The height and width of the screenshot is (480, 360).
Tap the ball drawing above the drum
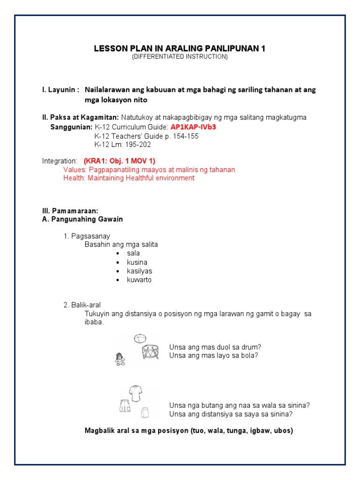pos(140,338)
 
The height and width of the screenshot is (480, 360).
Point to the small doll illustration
pos(120,359)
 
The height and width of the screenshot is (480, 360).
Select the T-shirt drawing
pos(135,393)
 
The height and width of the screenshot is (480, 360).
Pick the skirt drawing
pos(145,412)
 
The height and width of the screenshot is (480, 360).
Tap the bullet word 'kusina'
pos(137,262)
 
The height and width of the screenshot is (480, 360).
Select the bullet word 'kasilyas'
pos(139,271)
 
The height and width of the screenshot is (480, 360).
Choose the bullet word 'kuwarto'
pos(139,280)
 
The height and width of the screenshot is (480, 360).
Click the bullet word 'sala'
pos(133,253)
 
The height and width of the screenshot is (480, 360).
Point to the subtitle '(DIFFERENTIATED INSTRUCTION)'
pos(180,57)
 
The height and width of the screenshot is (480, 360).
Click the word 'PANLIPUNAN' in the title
pos(221,49)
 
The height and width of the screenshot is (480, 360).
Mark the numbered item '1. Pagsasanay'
pos(87,236)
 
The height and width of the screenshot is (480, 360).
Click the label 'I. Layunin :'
pos(60,89)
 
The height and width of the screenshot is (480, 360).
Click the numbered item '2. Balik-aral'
pos(82,305)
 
